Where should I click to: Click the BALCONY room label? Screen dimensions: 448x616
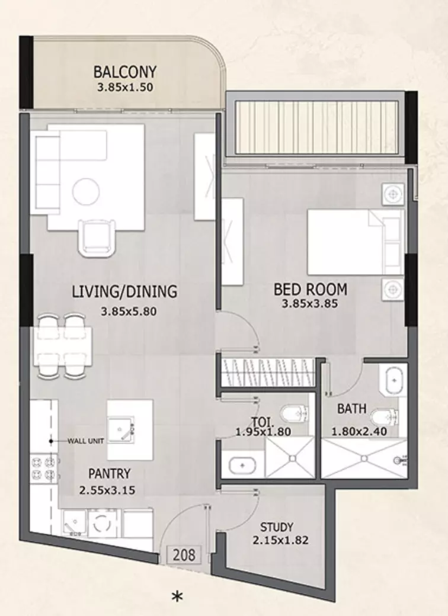click(x=124, y=72)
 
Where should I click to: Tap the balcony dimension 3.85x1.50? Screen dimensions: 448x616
click(x=125, y=87)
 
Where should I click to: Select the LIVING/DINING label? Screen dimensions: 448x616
click(x=124, y=291)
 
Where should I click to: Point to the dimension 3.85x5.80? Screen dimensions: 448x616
click(x=129, y=312)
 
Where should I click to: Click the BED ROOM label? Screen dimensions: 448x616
click(x=311, y=290)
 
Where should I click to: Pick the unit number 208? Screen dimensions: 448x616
click(x=184, y=555)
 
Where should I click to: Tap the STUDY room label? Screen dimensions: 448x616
click(x=277, y=527)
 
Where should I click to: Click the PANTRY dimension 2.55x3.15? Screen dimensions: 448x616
click(x=107, y=490)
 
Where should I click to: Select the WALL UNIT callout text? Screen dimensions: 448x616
click(x=86, y=441)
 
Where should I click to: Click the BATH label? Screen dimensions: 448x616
click(x=352, y=409)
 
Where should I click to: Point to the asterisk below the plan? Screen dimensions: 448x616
click(x=177, y=597)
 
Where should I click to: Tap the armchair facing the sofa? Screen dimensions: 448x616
click(x=97, y=238)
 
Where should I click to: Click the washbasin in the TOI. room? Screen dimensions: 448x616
click(x=242, y=466)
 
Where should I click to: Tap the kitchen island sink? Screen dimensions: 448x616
click(x=121, y=430)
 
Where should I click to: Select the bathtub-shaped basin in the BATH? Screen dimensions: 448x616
click(x=393, y=380)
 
